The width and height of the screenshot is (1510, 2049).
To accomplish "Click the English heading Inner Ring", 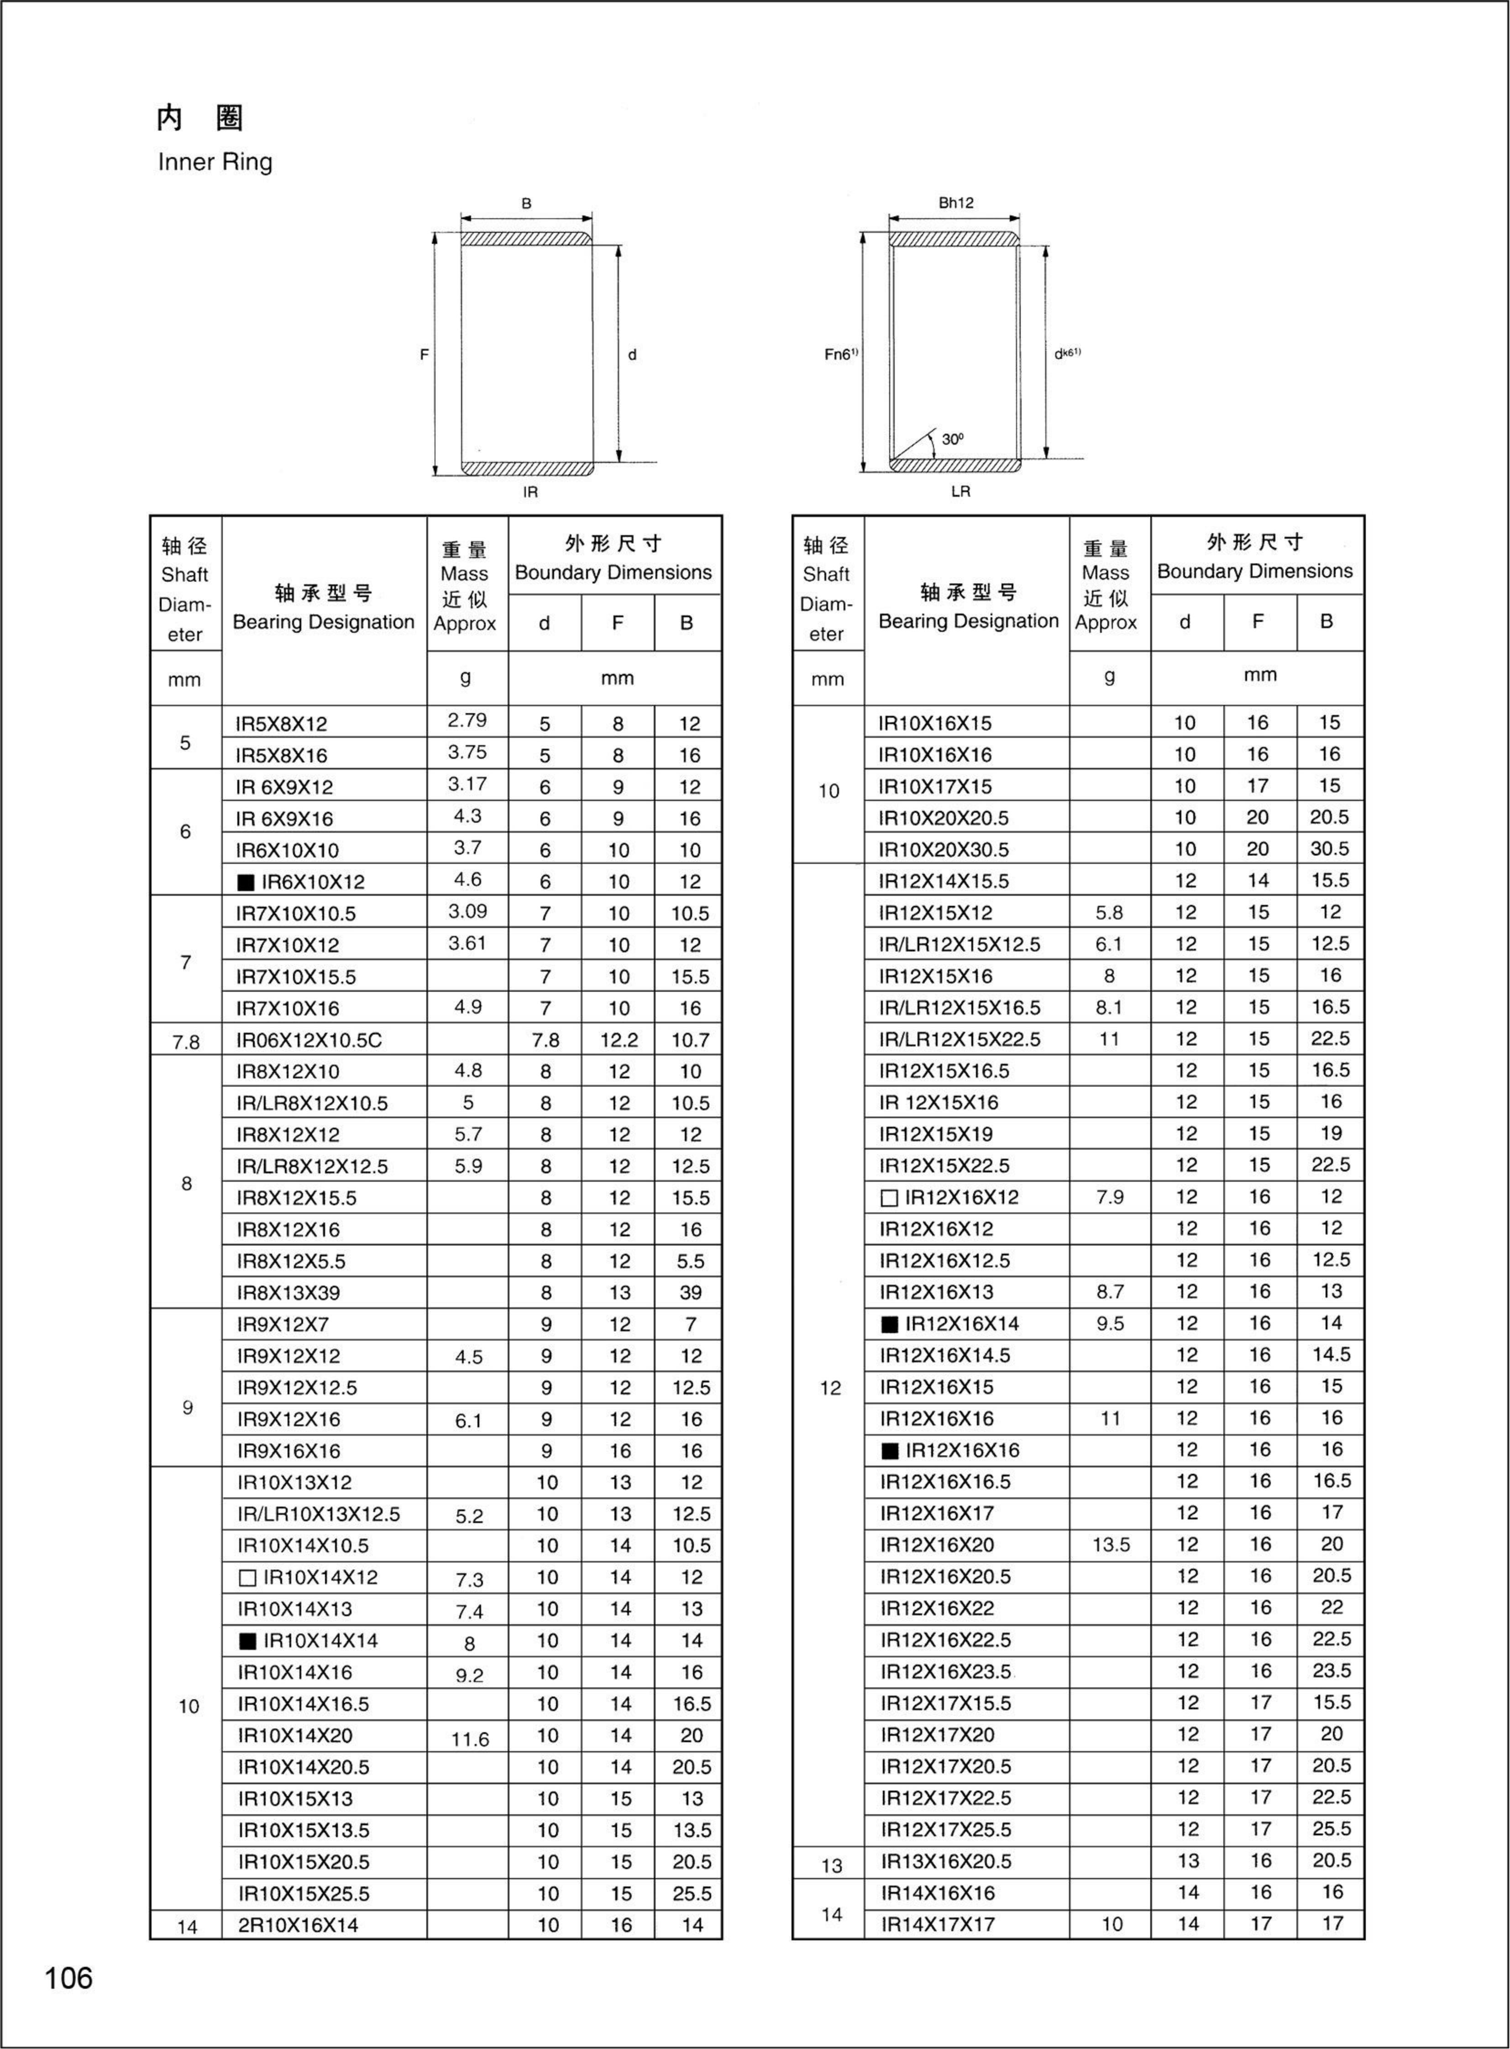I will [215, 163].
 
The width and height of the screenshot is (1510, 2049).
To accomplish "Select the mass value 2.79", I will [467, 720].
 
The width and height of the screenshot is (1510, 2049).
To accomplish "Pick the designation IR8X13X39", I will [288, 1293].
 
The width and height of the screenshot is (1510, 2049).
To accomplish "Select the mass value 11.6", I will [470, 1739].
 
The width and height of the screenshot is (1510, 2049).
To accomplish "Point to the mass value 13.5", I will [1111, 1545].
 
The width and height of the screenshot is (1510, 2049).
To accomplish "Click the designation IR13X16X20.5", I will [946, 1861].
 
